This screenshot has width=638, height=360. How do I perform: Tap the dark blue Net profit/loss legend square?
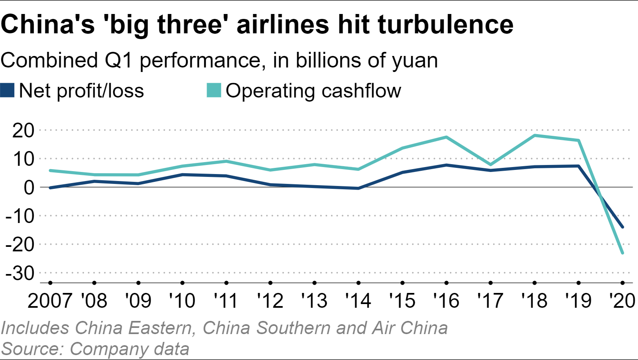7,91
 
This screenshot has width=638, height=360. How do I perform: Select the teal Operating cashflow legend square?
214,91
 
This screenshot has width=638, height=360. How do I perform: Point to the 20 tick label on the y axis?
23,130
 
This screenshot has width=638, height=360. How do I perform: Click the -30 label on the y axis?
20,273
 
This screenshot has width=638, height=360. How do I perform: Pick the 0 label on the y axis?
29,188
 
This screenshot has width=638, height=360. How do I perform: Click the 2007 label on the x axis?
50,301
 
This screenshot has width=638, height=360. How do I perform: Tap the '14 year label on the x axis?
358,301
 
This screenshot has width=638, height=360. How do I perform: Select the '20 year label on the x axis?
622,301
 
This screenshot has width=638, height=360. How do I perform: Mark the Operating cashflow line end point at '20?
622,253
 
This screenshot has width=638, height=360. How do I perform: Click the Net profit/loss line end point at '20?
622,227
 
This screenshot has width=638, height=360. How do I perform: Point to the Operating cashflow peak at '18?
535,135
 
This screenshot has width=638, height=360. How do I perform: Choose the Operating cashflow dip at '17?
491,165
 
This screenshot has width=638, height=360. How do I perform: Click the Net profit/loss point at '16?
447,165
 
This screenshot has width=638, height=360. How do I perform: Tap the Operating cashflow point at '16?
447,137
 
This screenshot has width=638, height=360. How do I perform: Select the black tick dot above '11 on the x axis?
226,283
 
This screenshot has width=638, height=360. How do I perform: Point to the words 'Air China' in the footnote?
410,328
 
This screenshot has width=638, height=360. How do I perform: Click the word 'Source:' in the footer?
33,349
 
